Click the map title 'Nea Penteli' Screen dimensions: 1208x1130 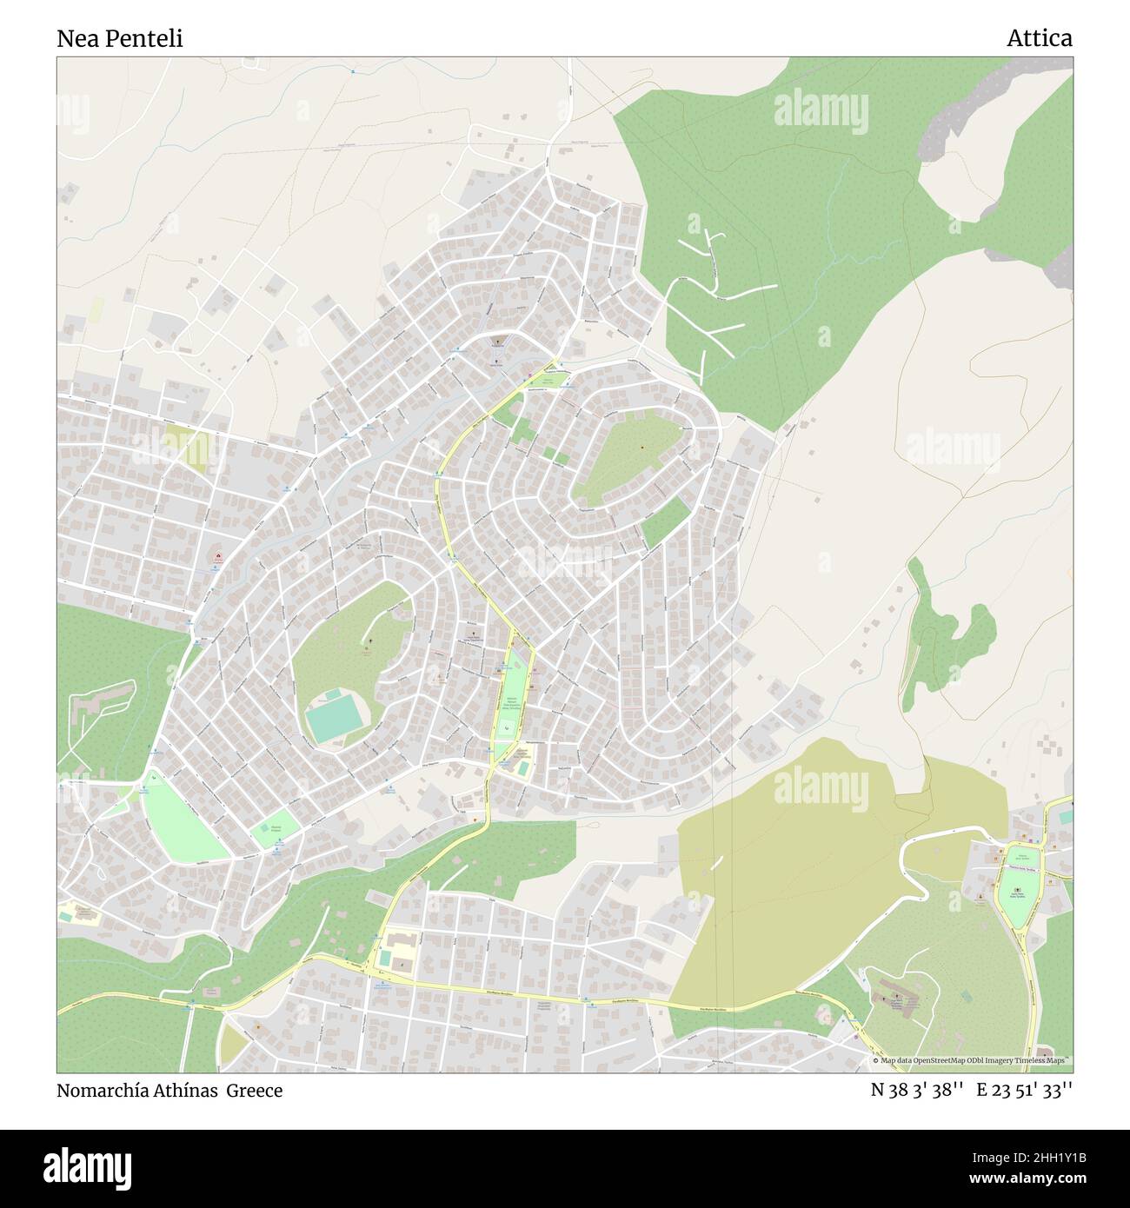120,39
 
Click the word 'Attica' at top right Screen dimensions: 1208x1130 1039,38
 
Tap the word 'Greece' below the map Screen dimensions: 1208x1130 255,1091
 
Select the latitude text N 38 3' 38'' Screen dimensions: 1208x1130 917,1091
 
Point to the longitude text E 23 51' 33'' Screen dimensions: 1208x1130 1024,1091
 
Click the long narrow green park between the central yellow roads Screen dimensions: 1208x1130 511,695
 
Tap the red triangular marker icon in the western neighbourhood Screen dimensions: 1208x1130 218,557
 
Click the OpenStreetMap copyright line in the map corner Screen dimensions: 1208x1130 971,1061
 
